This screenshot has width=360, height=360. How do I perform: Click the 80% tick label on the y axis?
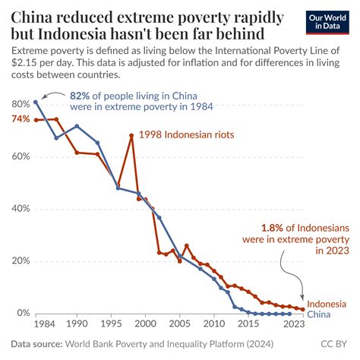(x=21, y=103)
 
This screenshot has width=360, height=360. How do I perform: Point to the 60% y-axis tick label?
(x=21, y=156)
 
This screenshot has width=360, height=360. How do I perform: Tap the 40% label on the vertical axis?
(x=21, y=209)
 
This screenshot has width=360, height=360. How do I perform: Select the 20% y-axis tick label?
(x=21, y=261)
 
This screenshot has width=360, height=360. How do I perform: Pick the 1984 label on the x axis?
(x=36, y=323)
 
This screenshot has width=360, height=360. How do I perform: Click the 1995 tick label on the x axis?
(x=111, y=323)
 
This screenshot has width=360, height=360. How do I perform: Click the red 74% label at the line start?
(x=21, y=119)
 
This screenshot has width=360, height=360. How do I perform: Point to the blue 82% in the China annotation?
(x=80, y=96)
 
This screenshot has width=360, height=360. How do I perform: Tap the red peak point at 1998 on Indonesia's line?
(x=131, y=135)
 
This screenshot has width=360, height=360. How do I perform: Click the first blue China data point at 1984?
(x=36, y=102)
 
